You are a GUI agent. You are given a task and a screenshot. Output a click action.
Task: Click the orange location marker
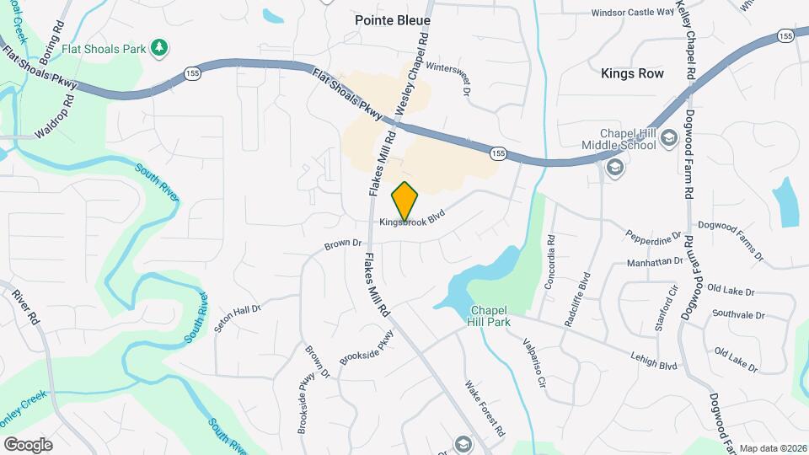coord(405,201)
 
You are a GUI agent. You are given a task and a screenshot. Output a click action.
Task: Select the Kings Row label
coord(632,73)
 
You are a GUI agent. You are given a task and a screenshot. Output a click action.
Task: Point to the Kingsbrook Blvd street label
coord(411,222)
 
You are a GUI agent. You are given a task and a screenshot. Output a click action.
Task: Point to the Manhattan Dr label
coord(654,262)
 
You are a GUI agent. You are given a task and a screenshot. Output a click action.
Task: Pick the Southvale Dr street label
coord(737,315)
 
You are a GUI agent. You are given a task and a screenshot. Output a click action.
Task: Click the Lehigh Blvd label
coord(654,361)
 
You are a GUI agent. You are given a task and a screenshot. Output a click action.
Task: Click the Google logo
coord(28,444)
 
